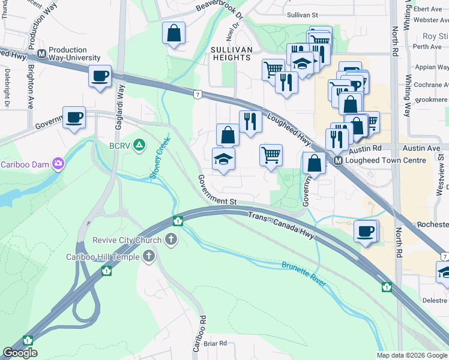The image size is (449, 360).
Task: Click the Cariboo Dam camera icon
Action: [x=58, y=163]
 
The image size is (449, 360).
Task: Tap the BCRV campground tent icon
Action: [x=139, y=145]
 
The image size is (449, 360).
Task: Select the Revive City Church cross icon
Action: [x=171, y=241]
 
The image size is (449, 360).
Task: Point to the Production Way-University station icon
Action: [x=42, y=54]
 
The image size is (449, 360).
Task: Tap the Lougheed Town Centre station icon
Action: [x=339, y=161]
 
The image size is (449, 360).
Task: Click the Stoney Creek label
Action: [x=160, y=158]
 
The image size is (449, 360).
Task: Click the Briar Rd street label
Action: [x=215, y=343]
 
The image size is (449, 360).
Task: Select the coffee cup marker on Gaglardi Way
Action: [x=100, y=76]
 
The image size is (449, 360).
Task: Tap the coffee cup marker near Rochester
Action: [x=365, y=231]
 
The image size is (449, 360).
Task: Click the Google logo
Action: [x=20, y=353]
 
